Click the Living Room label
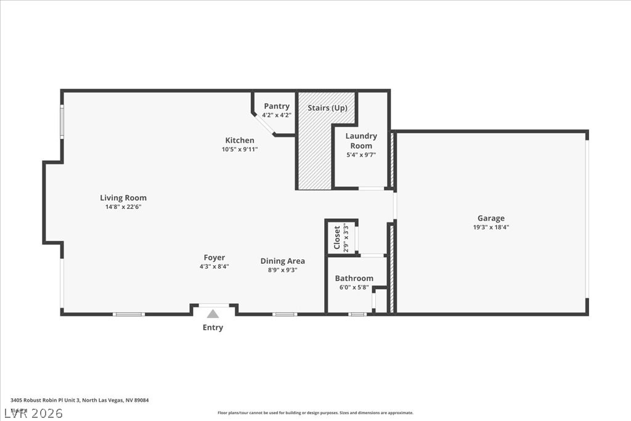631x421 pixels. [x=123, y=198]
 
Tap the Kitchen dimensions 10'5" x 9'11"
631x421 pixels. [x=240, y=149]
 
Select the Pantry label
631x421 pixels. [x=277, y=106]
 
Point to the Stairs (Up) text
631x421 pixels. [x=327, y=108]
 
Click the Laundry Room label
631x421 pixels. [x=361, y=141]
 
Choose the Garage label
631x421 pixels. [x=491, y=218]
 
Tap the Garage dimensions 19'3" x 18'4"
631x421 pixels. [x=491, y=227]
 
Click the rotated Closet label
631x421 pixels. [x=337, y=237]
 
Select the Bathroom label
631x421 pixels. [x=354, y=278]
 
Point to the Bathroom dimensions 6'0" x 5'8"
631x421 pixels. [x=354, y=287]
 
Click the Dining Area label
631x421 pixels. [x=282, y=261]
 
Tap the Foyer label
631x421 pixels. [x=214, y=258]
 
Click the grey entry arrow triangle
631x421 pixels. [x=213, y=314]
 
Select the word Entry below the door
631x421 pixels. [x=213, y=327]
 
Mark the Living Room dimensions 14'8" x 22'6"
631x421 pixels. [x=123, y=207]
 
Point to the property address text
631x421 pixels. [x=79, y=400]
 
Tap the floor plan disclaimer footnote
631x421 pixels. [x=315, y=413]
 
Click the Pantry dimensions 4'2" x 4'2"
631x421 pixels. [x=277, y=115]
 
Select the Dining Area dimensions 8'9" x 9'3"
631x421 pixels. [x=282, y=269]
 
